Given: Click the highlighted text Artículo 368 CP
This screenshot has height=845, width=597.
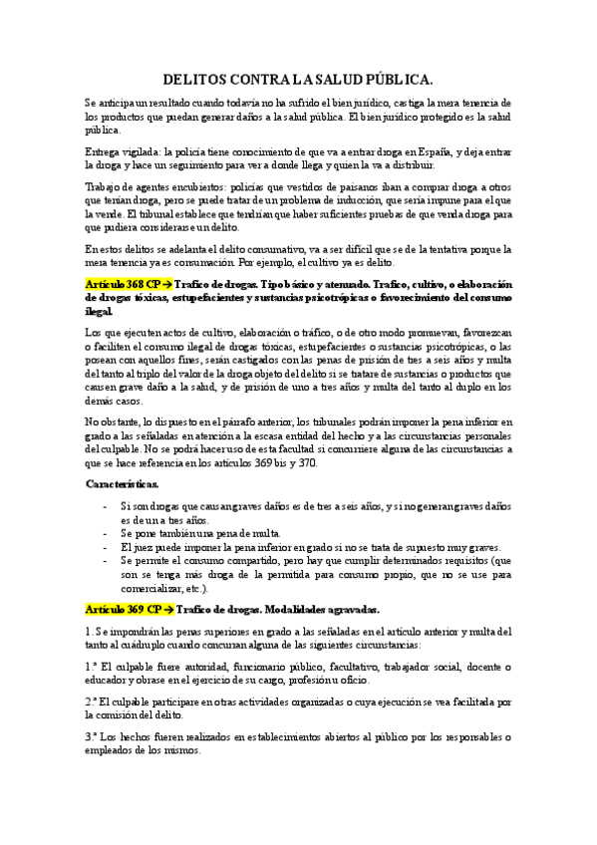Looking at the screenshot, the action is tap(123, 284).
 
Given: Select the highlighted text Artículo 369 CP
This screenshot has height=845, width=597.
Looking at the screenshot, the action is tap(123, 608).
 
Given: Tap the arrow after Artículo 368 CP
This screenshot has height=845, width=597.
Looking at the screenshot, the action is tap(166, 284).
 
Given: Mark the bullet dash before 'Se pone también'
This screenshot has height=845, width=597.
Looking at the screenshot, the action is tap(106, 533).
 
